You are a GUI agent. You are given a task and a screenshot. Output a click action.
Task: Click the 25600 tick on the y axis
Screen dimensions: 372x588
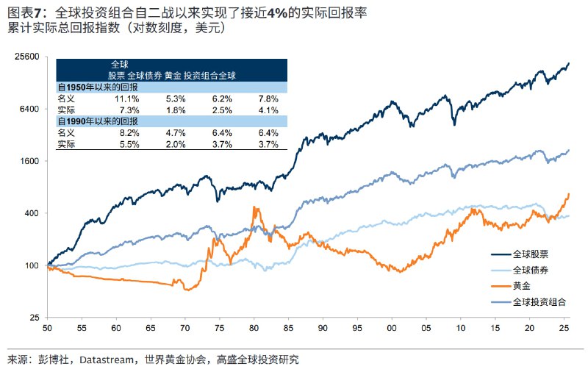pos(26,56)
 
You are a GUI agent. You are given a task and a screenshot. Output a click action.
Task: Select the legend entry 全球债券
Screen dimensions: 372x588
pos(531,270)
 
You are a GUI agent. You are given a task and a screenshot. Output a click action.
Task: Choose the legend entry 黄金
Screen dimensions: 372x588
pos(521,286)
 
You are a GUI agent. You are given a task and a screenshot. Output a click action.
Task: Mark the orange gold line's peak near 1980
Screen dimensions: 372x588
pos(254,208)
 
